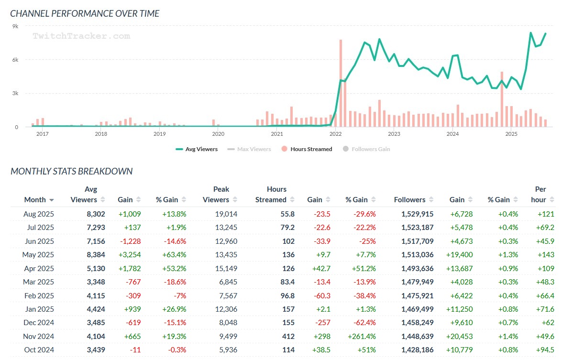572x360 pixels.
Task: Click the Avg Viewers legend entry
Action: coord(197,149)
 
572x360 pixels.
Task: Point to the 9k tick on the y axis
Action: coord(15,26)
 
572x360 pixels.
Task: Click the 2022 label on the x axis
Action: coord(335,134)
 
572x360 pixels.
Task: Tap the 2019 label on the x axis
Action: coord(159,134)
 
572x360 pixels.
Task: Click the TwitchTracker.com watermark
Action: coord(81,36)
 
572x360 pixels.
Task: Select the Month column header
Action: coord(35,200)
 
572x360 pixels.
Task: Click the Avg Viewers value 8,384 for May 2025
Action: coord(95,255)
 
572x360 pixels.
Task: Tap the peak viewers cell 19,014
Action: coord(226,214)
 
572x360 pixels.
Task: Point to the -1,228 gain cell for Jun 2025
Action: coord(129,241)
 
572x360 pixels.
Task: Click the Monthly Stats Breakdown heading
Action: coord(72,171)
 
